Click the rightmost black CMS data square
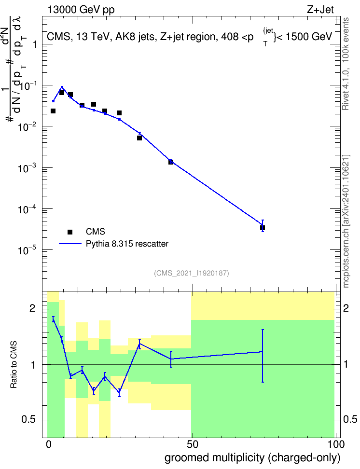click(x=263, y=228)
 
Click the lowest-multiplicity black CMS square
click(x=53, y=111)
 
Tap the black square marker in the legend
click(x=70, y=232)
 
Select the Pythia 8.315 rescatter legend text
click(x=127, y=244)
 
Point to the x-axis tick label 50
click(x=192, y=444)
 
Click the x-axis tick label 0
click(x=49, y=444)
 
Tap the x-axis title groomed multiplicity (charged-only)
click(x=252, y=458)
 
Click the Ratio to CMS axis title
click(x=14, y=365)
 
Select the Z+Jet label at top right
click(x=320, y=10)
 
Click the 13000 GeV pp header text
click(x=81, y=10)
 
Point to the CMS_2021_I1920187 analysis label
click(x=192, y=273)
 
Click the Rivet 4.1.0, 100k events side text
click(x=346, y=64)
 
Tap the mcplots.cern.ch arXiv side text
click(x=346, y=221)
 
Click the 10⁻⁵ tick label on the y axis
click(x=27, y=250)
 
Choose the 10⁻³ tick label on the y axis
click(x=27, y=168)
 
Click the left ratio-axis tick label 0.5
click(x=28, y=419)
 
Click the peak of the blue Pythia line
click(x=62, y=87)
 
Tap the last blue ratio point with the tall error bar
click(x=263, y=352)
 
